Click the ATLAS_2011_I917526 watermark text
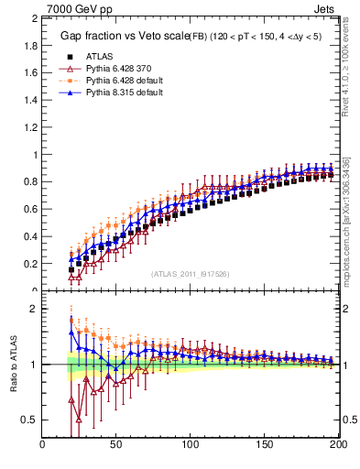(x=191, y=274)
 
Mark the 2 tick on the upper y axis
(x=34, y=18)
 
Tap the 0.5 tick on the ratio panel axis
(x=29, y=420)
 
